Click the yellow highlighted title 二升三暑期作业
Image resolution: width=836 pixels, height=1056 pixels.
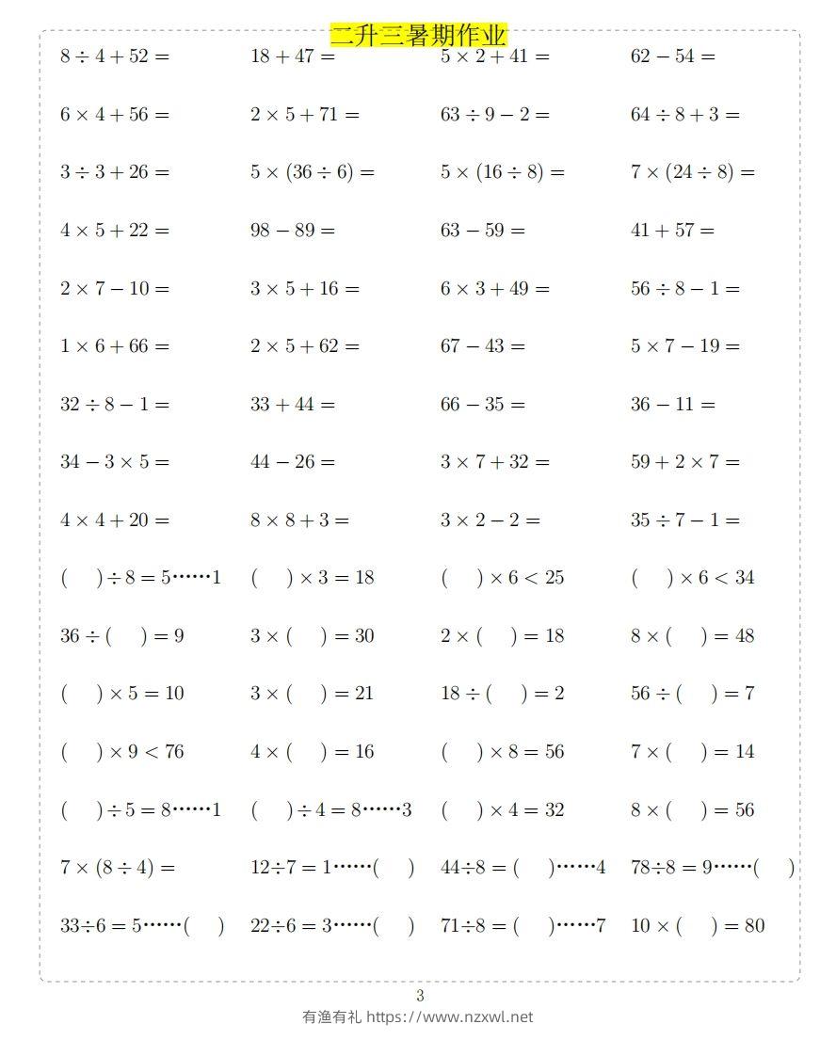pos(418,36)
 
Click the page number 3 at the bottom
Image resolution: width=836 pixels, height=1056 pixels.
pos(420,996)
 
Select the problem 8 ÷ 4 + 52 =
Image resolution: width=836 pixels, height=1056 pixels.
pos(115,56)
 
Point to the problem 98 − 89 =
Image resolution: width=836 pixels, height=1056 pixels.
pos(293,231)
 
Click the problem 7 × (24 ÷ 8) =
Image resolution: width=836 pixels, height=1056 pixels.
pos(693,172)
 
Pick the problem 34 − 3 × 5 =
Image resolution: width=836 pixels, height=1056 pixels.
pos(115,462)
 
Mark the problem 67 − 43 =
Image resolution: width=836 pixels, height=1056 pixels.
pos(483,346)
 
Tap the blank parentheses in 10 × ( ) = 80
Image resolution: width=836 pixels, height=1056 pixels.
pos(690,926)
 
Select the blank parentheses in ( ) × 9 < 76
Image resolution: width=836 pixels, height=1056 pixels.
pos(81,752)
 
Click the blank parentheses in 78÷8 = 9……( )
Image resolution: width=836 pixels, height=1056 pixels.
pos(774,868)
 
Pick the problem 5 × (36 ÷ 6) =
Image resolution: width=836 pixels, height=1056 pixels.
pos(313,172)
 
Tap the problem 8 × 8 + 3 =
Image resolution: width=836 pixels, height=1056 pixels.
pos(299,520)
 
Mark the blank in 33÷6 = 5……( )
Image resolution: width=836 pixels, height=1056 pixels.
pos(203,926)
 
